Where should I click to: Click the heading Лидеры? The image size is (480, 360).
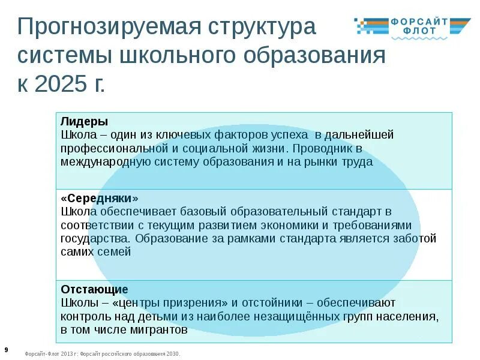[x=84, y=121]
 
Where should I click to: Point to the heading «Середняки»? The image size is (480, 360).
[x=100, y=197]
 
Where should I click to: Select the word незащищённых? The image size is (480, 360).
[x=290, y=317]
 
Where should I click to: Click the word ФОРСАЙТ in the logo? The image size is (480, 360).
[x=419, y=22]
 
